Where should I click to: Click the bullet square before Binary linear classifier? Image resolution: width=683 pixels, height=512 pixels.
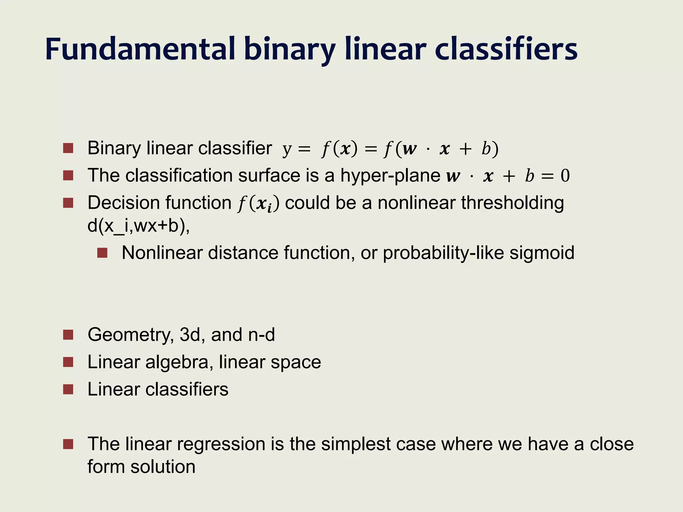[68, 148]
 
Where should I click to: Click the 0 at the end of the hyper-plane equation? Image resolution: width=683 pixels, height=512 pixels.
[565, 176]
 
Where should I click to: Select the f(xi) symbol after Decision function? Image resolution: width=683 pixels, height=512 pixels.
[258, 204]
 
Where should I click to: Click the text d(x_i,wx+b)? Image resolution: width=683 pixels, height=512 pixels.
[138, 226]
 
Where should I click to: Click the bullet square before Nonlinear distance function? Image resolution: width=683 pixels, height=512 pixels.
[102, 253]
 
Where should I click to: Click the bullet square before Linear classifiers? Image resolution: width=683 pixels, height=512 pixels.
[68, 389]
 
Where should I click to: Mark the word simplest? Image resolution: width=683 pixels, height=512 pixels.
[356, 445]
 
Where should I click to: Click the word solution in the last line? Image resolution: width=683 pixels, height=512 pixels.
[163, 467]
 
